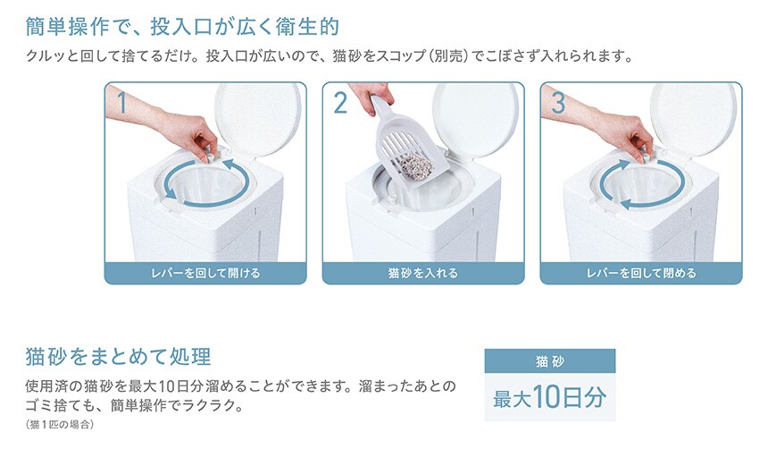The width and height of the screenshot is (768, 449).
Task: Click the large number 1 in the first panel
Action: point(122,103)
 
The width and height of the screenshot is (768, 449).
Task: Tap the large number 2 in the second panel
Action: point(340,103)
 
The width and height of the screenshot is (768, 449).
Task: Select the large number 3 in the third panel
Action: point(558,103)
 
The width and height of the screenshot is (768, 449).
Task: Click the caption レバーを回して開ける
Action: point(205,274)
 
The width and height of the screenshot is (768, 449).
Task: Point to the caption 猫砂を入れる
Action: point(423,274)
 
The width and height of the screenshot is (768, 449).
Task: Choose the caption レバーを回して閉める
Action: point(641,274)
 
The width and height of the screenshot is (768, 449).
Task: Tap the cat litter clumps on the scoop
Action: point(416,165)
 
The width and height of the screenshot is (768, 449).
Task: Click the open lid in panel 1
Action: point(257,119)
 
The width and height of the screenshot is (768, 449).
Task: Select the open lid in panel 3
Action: point(693,119)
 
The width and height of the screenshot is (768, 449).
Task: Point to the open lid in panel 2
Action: point(475,119)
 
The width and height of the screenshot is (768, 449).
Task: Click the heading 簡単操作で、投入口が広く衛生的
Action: point(182,27)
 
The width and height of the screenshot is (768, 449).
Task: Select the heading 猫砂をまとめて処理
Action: point(118,357)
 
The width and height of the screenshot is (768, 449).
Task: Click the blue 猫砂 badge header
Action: point(549,361)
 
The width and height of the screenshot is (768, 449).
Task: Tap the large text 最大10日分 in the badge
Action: point(549,397)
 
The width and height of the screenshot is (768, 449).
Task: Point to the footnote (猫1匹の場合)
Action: point(59,425)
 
